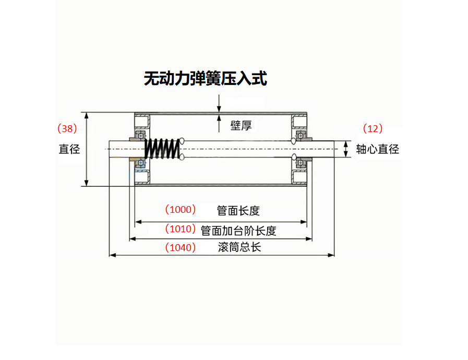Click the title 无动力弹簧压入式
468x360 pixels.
coord(205,79)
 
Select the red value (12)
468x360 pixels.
coord(373,128)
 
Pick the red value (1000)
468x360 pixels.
coord(180,210)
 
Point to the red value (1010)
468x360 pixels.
coord(180,229)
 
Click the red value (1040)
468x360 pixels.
coord(180,247)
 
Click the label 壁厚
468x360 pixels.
coord(241,125)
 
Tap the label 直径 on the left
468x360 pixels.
coord(69,149)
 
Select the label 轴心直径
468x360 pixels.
coord(377,149)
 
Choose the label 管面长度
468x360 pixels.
coord(238,210)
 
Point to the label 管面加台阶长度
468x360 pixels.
coord(238,230)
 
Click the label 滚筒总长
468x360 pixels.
coord(239,247)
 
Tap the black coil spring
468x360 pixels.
coord(162,149)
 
